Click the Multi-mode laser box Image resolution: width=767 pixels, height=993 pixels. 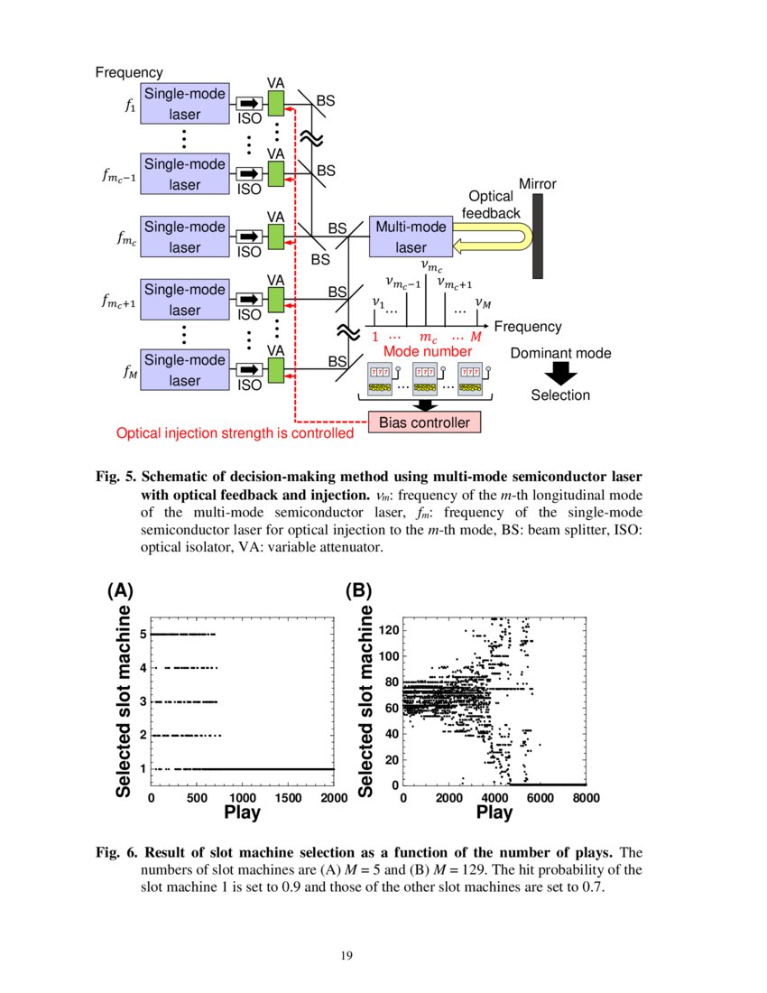[411, 237]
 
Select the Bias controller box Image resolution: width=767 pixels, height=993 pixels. [424, 422]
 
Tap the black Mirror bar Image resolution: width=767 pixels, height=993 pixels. [538, 237]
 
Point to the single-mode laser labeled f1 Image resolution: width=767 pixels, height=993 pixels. [185, 105]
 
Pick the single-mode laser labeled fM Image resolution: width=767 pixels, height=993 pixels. [185, 370]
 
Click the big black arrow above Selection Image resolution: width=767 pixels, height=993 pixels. [560, 372]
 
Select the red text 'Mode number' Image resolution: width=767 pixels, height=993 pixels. [428, 351]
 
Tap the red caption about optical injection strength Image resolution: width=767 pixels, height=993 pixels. [235, 433]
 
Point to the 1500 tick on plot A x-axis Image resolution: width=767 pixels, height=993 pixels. [288, 798]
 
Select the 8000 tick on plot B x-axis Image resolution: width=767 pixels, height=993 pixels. [585, 798]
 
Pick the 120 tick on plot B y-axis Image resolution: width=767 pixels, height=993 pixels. [388, 629]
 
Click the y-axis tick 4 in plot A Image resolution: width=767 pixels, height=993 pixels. [143, 668]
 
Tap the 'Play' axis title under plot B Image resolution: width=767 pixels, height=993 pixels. [494, 812]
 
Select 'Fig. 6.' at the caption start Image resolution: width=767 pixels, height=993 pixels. [117, 853]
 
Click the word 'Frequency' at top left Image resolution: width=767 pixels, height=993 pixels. [129, 73]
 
